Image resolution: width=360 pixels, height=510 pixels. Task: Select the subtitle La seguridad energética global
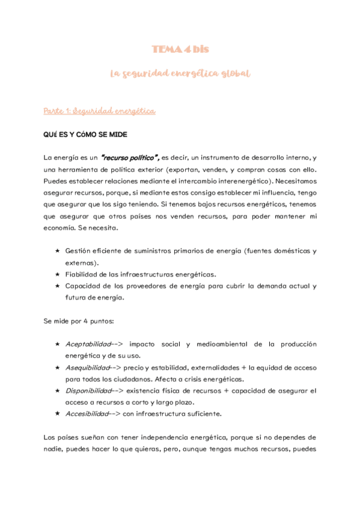(x=180, y=73)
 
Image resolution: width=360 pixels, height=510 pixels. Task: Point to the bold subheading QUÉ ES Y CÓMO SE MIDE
(x=85, y=134)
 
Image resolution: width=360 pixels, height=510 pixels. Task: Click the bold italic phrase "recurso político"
(x=130, y=158)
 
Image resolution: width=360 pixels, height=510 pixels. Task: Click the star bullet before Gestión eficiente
(x=56, y=251)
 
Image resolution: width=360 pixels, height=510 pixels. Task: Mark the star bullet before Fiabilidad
(x=56, y=274)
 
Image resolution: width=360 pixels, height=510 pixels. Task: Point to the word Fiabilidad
(x=81, y=274)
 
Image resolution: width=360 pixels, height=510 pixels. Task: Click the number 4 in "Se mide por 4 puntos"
(x=85, y=321)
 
